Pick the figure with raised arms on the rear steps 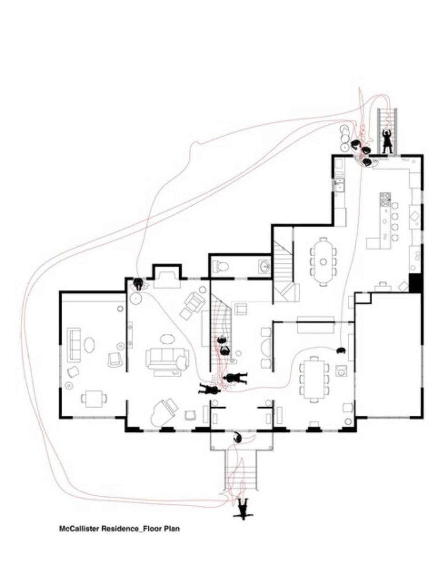[387, 141]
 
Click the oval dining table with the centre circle [323, 261]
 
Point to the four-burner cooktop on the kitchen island [385, 200]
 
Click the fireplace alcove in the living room [167, 277]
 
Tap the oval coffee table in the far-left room [90, 345]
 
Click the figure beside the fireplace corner [138, 284]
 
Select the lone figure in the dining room [341, 350]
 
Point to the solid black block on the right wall [416, 282]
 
